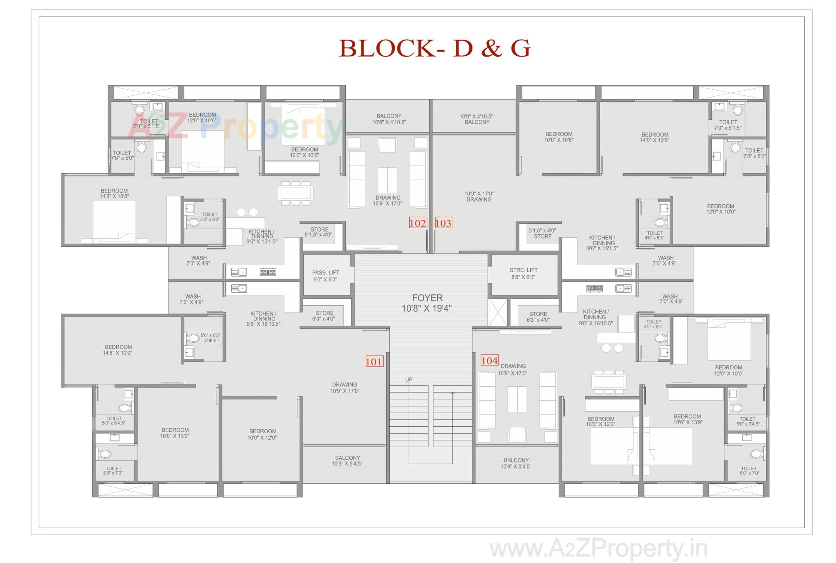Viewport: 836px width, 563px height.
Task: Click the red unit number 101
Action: pos(374,361)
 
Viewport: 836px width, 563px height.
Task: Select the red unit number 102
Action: pos(418,223)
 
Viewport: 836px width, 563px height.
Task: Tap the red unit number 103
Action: pos(443,223)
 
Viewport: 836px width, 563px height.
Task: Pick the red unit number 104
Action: pos(489,361)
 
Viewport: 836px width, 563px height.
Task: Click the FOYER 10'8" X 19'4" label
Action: pos(427,303)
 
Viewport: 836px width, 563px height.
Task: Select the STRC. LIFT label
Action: pos(523,273)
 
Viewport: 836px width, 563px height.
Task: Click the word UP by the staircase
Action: pos(408,380)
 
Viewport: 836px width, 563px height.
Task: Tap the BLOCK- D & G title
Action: pos(434,48)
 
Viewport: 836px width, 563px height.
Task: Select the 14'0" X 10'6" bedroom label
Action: pos(654,138)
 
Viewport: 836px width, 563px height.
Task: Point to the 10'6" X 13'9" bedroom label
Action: pos(687,419)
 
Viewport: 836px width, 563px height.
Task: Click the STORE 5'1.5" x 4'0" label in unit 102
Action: pos(319,232)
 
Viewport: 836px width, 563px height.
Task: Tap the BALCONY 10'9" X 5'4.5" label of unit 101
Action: pos(347,461)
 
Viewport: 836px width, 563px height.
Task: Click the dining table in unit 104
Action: pos(609,382)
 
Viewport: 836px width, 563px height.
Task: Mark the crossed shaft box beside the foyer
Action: pos(498,312)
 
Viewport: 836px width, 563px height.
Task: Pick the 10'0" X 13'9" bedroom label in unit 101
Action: pos(175,433)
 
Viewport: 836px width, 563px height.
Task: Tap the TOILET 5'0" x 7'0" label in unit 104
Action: pos(749,471)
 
